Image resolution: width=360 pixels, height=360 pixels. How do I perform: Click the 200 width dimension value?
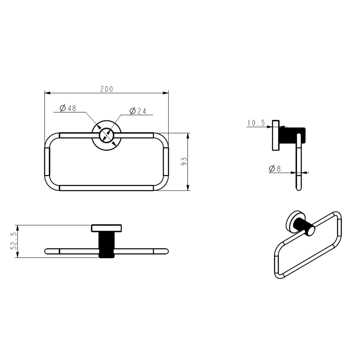(107, 89)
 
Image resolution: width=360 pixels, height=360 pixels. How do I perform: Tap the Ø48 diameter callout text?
(68, 108)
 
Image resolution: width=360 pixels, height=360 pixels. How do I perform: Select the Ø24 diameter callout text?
(138, 111)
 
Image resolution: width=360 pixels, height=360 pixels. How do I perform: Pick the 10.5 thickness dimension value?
(256, 123)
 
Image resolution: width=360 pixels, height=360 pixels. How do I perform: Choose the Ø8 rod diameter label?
(275, 169)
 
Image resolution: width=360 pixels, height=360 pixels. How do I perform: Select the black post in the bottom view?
(107, 245)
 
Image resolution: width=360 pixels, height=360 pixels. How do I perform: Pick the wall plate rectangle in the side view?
(275, 135)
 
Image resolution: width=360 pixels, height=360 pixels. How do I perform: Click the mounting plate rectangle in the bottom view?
(107, 228)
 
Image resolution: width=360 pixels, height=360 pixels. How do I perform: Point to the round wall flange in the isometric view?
(293, 221)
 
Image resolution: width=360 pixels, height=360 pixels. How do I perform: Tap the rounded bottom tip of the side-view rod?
(299, 189)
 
